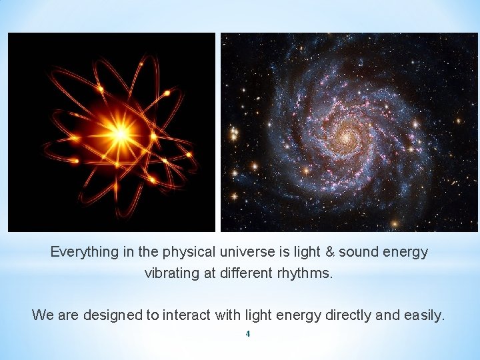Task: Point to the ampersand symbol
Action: pos(329,253)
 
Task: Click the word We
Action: pos(43,315)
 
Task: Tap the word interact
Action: pos(183,315)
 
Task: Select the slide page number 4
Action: pos(247,333)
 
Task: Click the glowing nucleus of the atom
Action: pos(120,134)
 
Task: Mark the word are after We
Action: pos(69,315)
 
